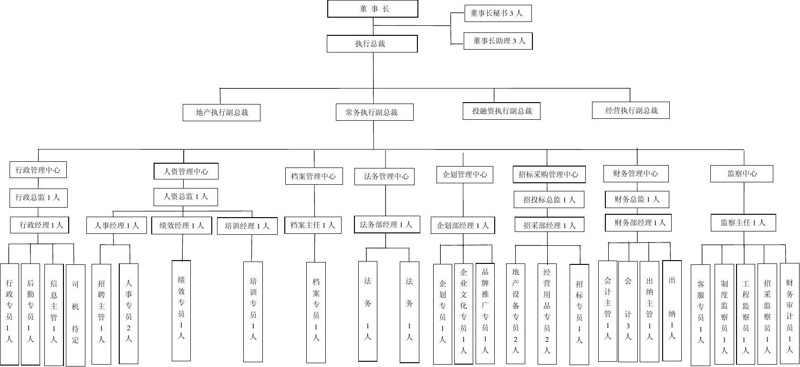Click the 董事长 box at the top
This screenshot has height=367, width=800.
(373, 9)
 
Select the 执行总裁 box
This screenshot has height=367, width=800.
(372, 44)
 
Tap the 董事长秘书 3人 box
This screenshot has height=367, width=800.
(498, 13)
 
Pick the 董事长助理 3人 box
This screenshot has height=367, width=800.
(498, 41)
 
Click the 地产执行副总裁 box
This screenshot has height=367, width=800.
(221, 113)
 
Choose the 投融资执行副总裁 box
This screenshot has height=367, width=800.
(501, 111)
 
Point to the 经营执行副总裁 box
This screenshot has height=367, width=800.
(631, 111)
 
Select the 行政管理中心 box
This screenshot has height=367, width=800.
(38, 170)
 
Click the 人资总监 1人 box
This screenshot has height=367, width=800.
(186, 197)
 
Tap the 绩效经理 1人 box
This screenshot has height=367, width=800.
(182, 226)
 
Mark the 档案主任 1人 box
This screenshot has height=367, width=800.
(313, 225)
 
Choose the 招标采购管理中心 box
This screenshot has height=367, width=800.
(549, 175)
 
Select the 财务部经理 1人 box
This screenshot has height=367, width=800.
(638, 223)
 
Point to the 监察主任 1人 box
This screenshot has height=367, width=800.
(743, 223)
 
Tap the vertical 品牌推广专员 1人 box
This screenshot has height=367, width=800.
(485, 313)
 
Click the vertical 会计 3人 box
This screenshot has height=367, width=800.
(628, 310)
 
